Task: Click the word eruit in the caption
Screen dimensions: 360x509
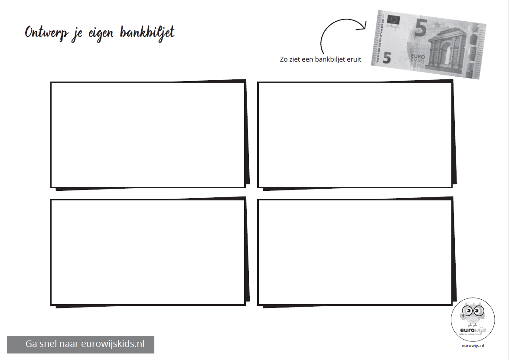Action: pyautogui.click(x=353, y=59)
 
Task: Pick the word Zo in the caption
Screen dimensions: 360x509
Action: pyautogui.click(x=284, y=59)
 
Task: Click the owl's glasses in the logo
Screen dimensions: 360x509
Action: pyautogui.click(x=473, y=311)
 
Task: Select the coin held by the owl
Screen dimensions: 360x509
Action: pyautogui.click(x=463, y=316)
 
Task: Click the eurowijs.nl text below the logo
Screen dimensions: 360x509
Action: pyautogui.click(x=473, y=345)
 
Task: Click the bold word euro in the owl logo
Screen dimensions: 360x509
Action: pyautogui.click(x=467, y=330)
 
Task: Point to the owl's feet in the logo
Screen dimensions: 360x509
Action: pyautogui.click(x=473, y=325)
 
